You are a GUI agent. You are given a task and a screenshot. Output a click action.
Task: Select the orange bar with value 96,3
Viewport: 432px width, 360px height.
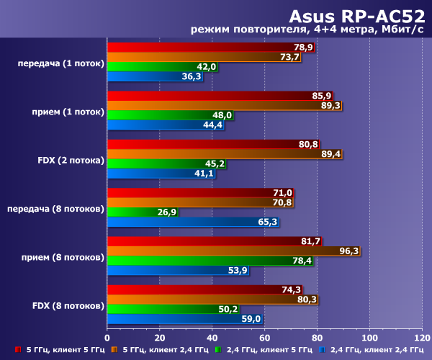[233, 251]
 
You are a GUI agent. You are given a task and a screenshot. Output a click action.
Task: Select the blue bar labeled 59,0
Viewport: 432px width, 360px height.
[184, 319]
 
